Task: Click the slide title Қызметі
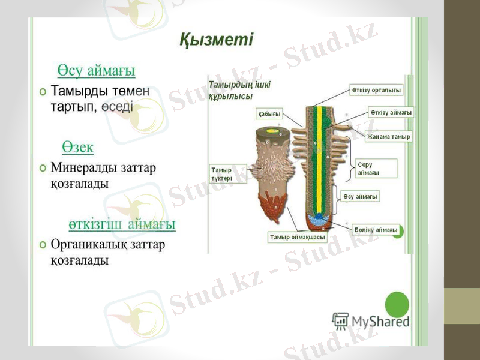217,41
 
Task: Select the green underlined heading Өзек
77,146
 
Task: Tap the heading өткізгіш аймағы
121,224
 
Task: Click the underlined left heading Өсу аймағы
96,71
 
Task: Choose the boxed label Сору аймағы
368,169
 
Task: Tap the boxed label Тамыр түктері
221,174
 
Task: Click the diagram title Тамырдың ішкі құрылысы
239,90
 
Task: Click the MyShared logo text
380,322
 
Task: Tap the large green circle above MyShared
396,304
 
